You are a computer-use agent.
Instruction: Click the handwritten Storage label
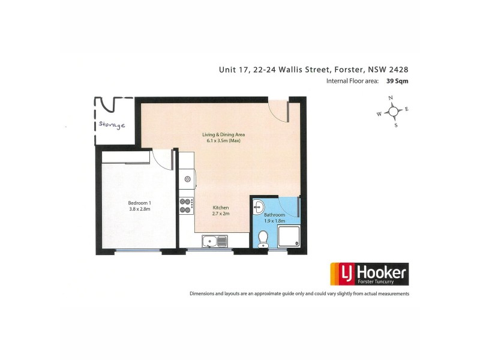click(112, 126)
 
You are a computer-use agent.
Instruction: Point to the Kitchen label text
click(221, 207)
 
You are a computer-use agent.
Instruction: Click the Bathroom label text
click(274, 214)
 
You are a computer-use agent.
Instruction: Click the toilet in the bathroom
click(262, 241)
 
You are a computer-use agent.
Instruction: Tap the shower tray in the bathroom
click(289, 238)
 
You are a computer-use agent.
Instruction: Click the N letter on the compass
click(391, 98)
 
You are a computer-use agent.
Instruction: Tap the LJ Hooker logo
click(369, 274)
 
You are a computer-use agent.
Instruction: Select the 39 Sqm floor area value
click(398, 81)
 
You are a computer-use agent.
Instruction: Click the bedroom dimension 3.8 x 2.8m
click(139, 209)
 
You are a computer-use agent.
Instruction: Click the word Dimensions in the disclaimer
click(205, 294)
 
